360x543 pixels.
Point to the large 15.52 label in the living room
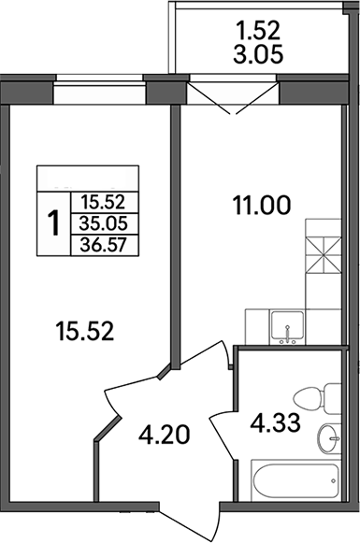84,331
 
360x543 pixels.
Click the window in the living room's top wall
98,93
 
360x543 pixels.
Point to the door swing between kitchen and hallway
201,369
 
